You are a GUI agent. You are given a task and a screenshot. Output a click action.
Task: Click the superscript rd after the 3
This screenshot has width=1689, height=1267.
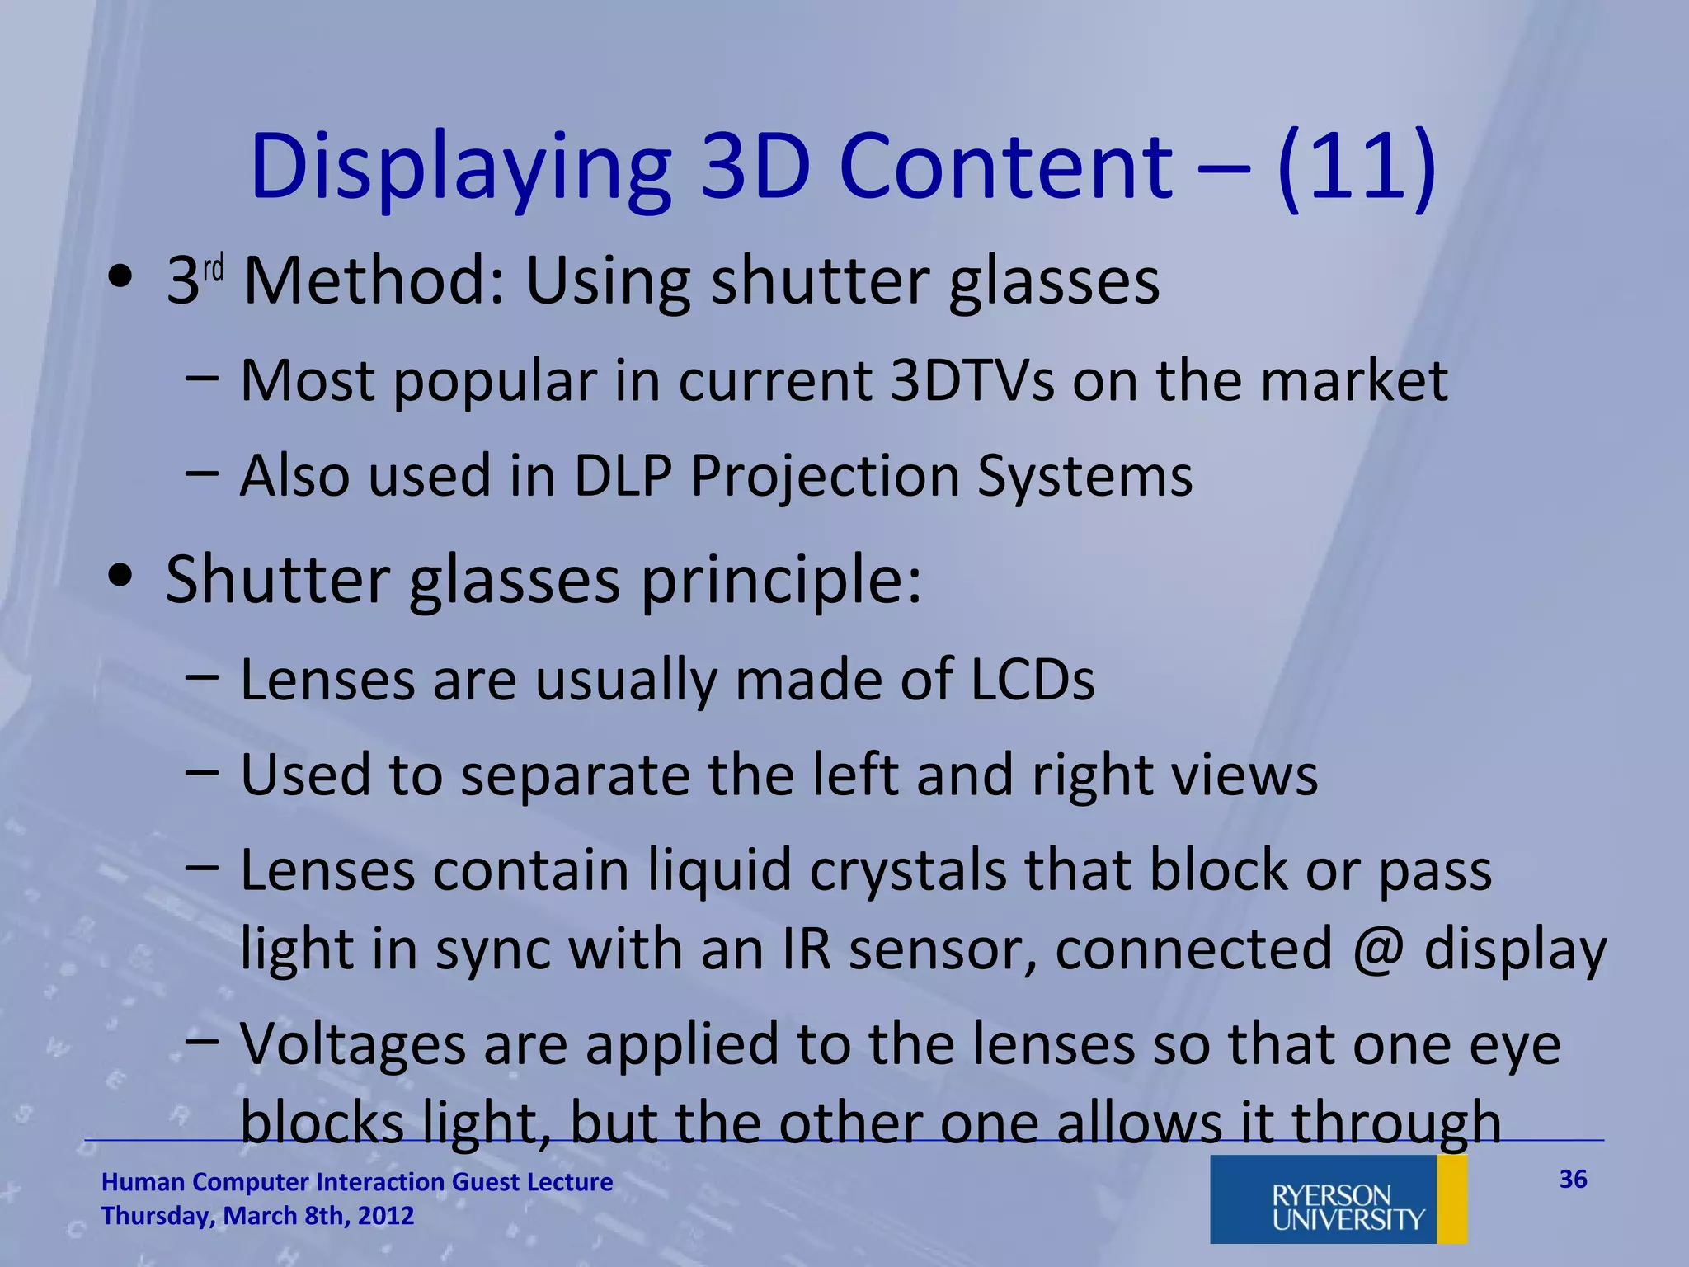(214, 269)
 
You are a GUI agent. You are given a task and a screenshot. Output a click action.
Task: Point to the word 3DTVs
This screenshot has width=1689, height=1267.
(972, 380)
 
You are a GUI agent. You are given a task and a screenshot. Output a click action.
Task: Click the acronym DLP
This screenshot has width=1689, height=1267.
(623, 476)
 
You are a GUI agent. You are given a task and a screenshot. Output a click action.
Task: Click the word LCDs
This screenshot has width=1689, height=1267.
(1032, 680)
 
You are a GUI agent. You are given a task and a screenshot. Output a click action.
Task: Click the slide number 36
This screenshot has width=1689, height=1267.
(1573, 1179)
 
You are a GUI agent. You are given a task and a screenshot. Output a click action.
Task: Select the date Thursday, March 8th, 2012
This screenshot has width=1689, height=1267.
(257, 1216)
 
